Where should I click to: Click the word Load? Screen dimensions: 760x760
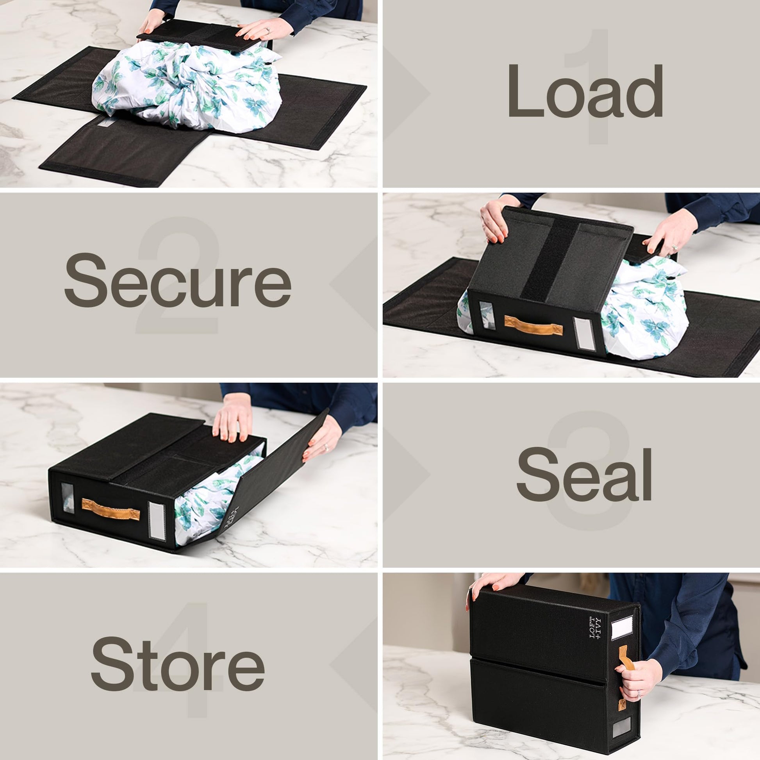586,91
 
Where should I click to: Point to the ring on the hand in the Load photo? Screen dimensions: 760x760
268,29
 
